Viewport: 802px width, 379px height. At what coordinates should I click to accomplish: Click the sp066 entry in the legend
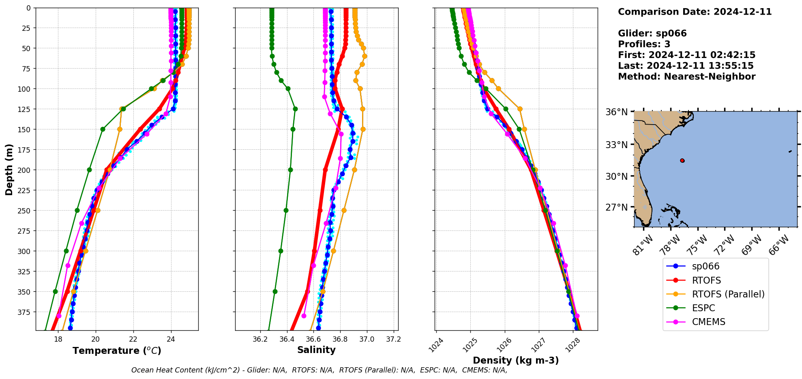pyautogui.click(x=706, y=267)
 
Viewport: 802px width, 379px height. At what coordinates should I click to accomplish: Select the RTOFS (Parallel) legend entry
pyautogui.click(x=728, y=294)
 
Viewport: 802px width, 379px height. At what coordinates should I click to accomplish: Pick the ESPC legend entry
pyautogui.click(x=703, y=308)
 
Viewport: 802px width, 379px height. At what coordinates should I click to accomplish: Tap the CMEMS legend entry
pyautogui.click(x=708, y=322)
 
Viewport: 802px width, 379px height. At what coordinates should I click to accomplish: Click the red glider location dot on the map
pyautogui.click(x=682, y=161)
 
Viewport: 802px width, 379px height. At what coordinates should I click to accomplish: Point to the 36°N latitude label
pyautogui.click(x=616, y=112)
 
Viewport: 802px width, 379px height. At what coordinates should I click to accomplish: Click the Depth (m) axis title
pyautogui.click(x=9, y=170)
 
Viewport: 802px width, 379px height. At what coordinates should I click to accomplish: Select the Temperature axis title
pyautogui.click(x=117, y=351)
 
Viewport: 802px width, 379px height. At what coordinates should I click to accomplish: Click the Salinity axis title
pyautogui.click(x=316, y=350)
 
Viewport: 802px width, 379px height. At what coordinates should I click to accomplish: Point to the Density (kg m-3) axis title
pyautogui.click(x=516, y=360)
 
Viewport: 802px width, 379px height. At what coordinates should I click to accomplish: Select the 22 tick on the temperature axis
pyautogui.click(x=133, y=339)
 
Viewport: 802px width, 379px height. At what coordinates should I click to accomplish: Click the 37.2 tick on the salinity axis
pyautogui.click(x=393, y=339)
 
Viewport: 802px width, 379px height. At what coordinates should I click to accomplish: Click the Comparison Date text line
pyautogui.click(x=695, y=12)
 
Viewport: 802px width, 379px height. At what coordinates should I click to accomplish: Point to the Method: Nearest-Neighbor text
pyautogui.click(x=686, y=77)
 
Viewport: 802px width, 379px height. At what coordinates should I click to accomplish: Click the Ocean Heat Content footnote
pyautogui.click(x=319, y=370)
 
